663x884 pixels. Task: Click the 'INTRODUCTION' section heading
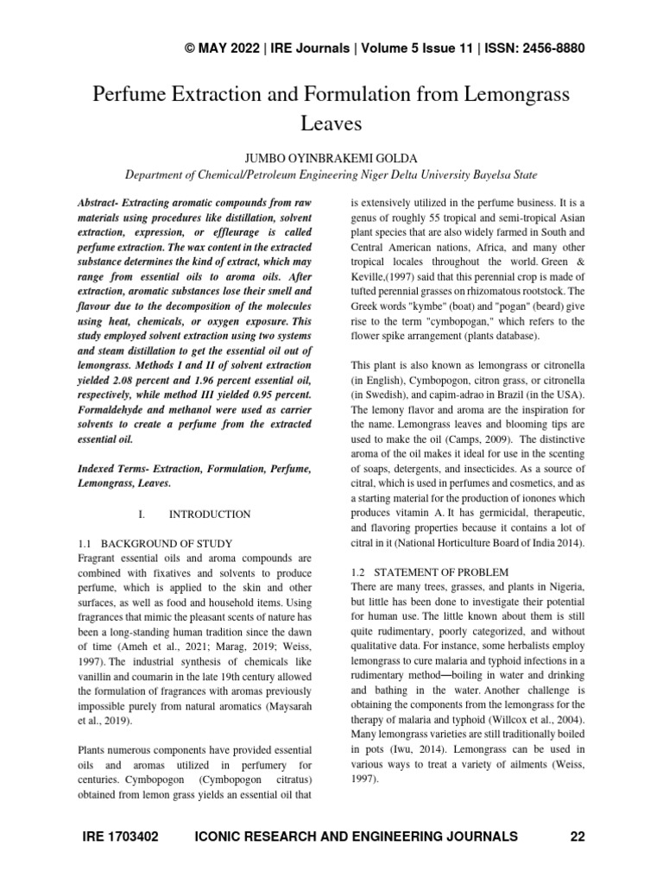pyautogui.click(x=210, y=515)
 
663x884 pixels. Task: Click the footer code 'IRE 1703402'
pyautogui.click(x=122, y=837)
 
